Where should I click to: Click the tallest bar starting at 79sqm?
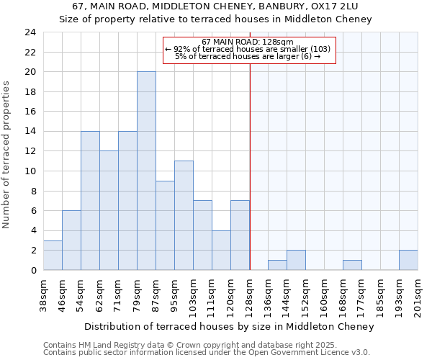pos(146,171)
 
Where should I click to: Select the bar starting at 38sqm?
pos(53,255)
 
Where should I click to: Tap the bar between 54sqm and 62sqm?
pos(90,200)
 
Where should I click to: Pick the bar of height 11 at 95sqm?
pos(184,215)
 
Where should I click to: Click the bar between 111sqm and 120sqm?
pos(221,250)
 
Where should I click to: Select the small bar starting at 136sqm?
pos(277,265)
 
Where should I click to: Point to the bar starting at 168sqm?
pos(352,265)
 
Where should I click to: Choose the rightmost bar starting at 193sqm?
pos(408,260)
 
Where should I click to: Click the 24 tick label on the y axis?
pos(30,32)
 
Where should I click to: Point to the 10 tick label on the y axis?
pos(30,171)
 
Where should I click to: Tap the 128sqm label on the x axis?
pos(250,294)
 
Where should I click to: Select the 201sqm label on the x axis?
pos(418,294)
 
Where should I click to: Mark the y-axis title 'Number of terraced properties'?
pos(7,154)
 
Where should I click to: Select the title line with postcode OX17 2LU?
pos(215,6)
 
